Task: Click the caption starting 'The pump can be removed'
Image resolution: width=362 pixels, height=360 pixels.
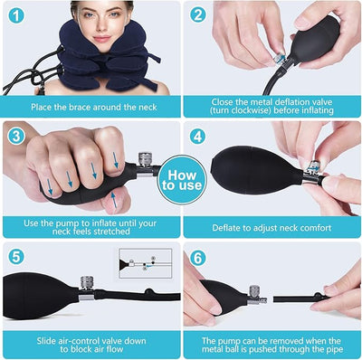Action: point(272,342)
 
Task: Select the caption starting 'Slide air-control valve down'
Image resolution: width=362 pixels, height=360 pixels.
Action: point(90,342)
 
